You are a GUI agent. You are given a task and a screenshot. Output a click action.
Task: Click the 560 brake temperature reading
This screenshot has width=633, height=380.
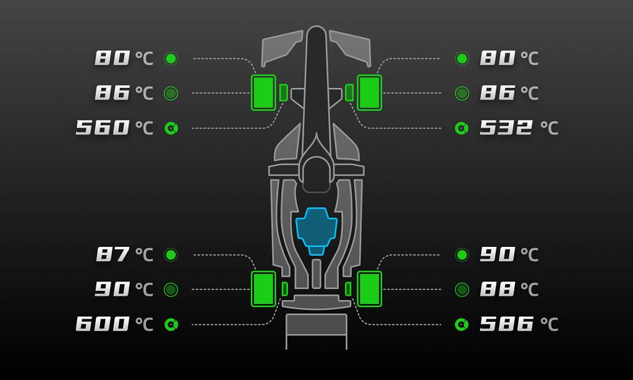pos(103,128)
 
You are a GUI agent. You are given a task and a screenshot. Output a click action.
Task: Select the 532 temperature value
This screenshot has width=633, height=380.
pos(506,128)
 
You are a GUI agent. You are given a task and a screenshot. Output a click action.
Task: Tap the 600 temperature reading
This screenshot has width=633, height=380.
pos(103,324)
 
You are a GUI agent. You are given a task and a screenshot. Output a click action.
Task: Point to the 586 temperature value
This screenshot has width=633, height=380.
pos(506,324)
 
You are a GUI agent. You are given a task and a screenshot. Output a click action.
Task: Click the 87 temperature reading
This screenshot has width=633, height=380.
pos(113,254)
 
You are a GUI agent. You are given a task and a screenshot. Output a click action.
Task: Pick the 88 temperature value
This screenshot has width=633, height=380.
pos(498,289)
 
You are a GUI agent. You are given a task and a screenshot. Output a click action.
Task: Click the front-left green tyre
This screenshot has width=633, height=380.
pos(264,93)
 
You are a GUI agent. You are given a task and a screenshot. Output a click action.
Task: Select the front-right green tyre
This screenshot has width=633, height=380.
pos(369,93)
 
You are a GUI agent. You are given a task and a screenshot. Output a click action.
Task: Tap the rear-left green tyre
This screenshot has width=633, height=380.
pos(264,289)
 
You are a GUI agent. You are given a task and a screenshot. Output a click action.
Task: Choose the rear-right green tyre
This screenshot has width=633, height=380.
pos(369,289)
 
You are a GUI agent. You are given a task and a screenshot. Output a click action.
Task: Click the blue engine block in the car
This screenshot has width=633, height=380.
pos(316,228)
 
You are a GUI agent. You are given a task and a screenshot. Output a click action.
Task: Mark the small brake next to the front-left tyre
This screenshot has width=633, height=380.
pos(284,93)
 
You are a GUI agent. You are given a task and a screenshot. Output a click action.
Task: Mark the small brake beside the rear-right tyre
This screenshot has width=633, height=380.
pos(348,289)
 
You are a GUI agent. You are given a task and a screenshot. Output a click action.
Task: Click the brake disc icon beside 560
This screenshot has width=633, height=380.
pos(171,128)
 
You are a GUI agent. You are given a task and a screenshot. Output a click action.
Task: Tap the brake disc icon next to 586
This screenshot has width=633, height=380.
pos(462,324)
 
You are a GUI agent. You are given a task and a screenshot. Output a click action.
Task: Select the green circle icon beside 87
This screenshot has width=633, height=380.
pos(171,254)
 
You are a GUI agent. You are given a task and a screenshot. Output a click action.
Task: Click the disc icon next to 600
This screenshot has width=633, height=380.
pos(171,324)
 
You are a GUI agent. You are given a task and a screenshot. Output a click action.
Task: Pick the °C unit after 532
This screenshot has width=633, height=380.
pos(549,128)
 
